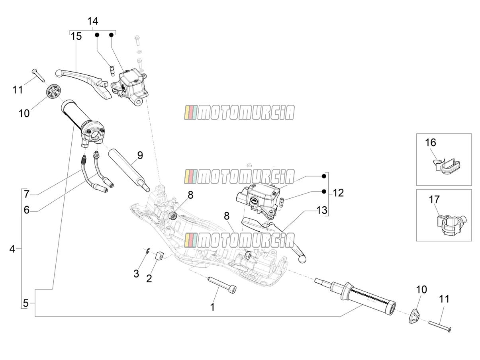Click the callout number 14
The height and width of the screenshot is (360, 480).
[93, 21]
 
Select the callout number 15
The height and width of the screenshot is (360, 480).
[76, 36]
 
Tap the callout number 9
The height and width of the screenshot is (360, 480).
[140, 155]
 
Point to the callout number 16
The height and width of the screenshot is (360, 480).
[430, 143]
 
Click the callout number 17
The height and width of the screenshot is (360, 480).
[434, 200]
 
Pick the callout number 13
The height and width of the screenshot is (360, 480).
[322, 210]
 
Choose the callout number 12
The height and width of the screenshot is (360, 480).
[338, 193]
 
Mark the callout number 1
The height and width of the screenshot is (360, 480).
[212, 307]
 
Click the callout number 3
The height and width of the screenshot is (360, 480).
[136, 274]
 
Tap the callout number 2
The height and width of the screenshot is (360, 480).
[149, 279]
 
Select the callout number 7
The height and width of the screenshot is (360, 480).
[26, 194]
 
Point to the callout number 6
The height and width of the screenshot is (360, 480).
[26, 210]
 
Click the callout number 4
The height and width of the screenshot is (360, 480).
[12, 249]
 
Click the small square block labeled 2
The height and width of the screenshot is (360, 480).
[159, 256]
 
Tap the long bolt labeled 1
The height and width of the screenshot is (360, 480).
[222, 285]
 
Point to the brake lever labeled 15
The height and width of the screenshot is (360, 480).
[84, 84]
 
